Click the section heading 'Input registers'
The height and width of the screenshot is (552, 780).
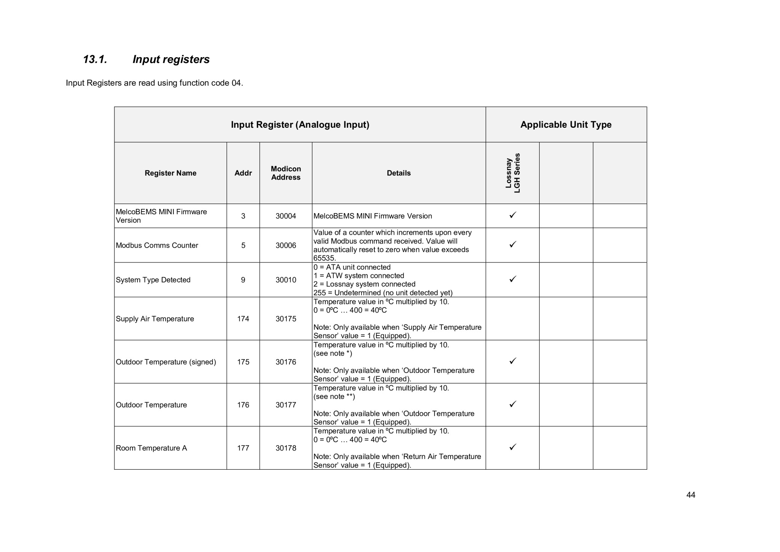171,59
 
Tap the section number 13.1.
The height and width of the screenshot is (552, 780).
95,59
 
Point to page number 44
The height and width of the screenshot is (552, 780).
690,495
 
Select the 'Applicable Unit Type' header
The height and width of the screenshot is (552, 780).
566,125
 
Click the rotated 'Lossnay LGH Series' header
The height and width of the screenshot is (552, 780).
512,173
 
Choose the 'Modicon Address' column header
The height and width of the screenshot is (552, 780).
286,173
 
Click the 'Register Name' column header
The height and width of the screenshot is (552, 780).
170,173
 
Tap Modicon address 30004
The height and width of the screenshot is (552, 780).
286,216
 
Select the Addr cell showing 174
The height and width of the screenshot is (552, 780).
243,319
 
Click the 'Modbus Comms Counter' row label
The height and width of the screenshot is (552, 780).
157,246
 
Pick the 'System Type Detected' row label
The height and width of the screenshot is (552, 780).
153,280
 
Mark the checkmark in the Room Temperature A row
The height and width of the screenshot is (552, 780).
513,446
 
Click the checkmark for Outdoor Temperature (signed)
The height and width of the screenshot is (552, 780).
513,360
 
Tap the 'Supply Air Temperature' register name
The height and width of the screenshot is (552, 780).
155,319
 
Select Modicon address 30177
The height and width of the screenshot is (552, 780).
286,405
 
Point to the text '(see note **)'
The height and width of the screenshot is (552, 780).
334,396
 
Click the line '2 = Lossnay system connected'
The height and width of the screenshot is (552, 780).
364,284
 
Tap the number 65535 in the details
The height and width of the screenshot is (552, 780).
324,258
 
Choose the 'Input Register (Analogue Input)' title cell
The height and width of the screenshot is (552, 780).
300,125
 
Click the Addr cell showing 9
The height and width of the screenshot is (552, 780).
243,280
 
